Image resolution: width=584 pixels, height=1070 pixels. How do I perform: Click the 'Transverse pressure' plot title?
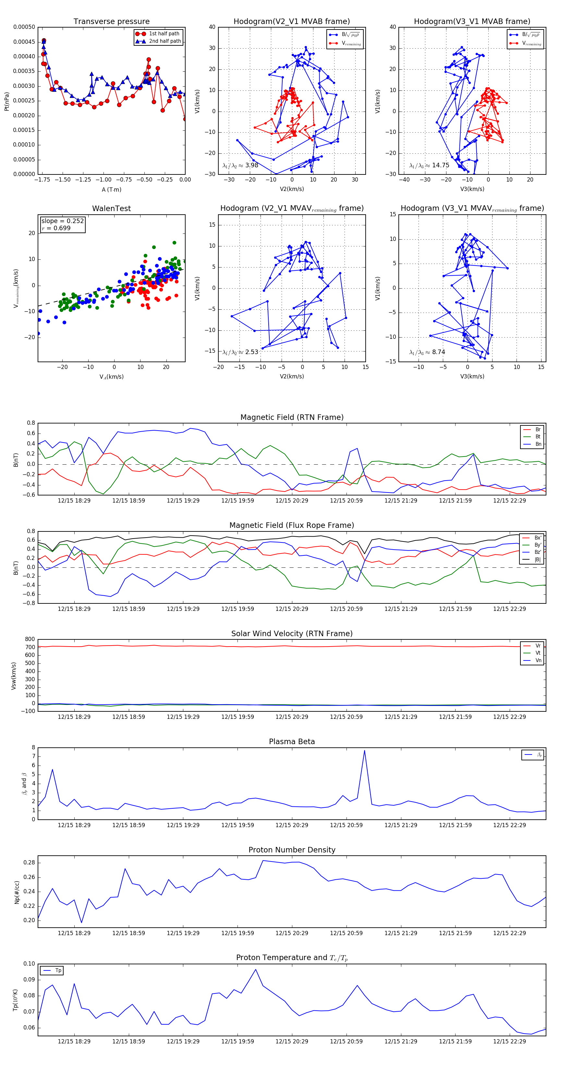[x=111, y=22]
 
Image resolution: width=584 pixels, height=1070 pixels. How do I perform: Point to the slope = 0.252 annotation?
[x=62, y=221]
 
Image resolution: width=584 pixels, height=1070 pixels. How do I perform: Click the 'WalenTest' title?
[x=111, y=208]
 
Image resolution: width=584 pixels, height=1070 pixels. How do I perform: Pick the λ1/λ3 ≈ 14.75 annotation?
[x=429, y=165]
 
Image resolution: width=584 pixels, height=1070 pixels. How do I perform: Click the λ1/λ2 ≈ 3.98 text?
[x=240, y=165]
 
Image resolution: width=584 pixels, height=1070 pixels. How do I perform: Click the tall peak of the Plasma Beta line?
[x=365, y=750]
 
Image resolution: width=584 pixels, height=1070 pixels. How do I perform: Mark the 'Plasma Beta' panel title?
[x=292, y=742]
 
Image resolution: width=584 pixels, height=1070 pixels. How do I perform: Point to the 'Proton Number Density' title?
[x=292, y=850]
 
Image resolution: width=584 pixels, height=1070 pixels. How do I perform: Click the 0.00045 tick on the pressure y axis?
[x=24, y=42]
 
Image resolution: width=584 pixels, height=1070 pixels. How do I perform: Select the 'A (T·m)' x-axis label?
[x=111, y=190]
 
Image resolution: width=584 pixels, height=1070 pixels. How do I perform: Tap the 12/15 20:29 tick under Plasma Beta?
[x=292, y=825]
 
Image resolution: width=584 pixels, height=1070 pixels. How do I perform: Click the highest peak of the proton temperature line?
[x=256, y=969]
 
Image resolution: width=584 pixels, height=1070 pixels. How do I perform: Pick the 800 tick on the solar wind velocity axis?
[x=30, y=639]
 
